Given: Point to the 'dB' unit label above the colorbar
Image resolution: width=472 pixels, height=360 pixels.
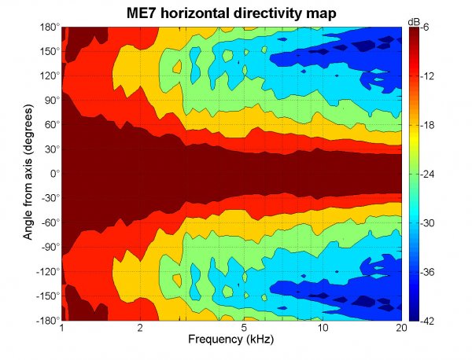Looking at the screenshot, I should pos(414,20).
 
